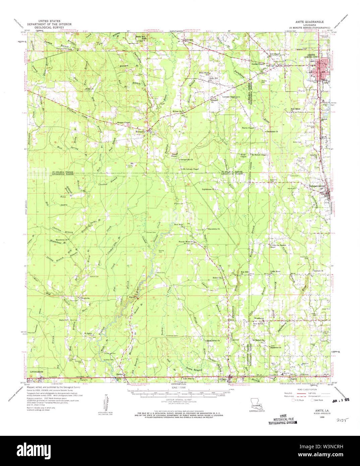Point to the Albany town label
point(223,379)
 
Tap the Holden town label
point(120,374)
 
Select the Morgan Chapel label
point(123,122)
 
